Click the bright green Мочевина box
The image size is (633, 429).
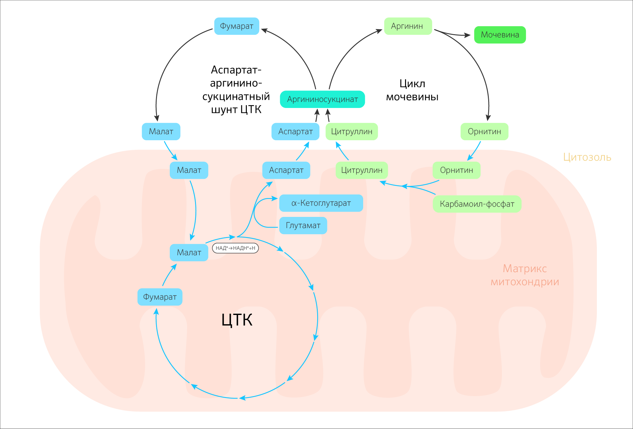[500, 35]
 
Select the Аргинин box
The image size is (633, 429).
[408, 26]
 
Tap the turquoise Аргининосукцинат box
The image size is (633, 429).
[322, 99]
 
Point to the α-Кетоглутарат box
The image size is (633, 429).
[321, 203]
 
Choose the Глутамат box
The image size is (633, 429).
[303, 226]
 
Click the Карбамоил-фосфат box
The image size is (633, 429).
[477, 204]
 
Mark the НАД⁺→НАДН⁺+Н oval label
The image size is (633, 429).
[235, 248]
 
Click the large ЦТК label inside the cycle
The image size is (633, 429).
[237, 320]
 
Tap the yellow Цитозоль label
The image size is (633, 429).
[587, 157]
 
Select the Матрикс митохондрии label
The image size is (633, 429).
[525, 275]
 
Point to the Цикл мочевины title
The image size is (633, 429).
[412, 90]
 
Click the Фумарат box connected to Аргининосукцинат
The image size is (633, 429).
[237, 26]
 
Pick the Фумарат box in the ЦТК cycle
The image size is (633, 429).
[160, 297]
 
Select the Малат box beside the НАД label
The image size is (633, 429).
[189, 253]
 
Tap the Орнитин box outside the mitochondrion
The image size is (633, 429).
[484, 132]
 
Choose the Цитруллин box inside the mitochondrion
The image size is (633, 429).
[362, 170]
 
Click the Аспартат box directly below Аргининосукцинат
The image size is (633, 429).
[295, 132]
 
